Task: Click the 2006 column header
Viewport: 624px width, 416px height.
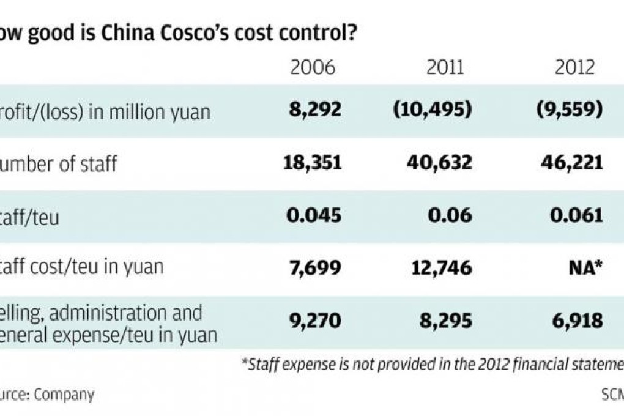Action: pos(313,67)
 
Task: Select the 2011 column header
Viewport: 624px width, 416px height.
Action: pos(446,67)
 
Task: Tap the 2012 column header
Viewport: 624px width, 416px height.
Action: pos(574,67)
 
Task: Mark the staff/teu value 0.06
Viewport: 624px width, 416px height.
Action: pos(453,216)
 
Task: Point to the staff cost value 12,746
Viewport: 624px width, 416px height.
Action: pos(439,269)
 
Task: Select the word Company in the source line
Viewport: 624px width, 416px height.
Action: pos(64,395)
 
